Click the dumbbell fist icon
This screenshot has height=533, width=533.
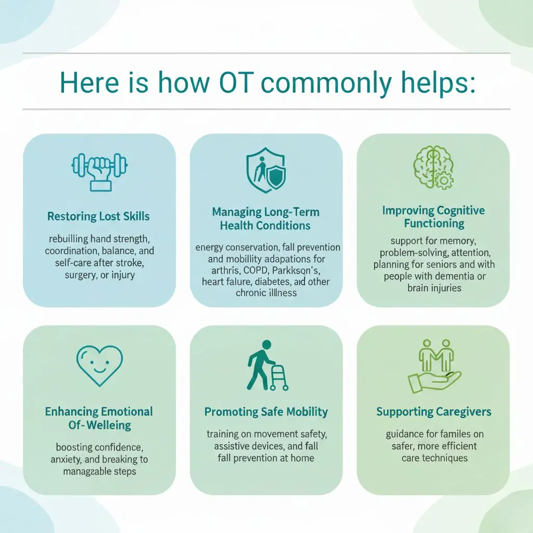pyautogui.click(x=99, y=170)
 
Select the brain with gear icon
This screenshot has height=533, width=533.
pyautogui.click(x=433, y=166)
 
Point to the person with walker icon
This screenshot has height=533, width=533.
pyautogui.click(x=266, y=365)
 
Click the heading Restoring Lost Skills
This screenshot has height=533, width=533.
pyautogui.click(x=99, y=216)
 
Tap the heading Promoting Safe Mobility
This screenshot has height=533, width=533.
pyautogui.click(x=266, y=412)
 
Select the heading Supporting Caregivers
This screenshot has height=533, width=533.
pyautogui.click(x=434, y=412)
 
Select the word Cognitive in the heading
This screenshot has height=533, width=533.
pyautogui.click(x=458, y=211)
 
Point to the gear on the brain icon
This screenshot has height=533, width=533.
pyautogui.click(x=444, y=180)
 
